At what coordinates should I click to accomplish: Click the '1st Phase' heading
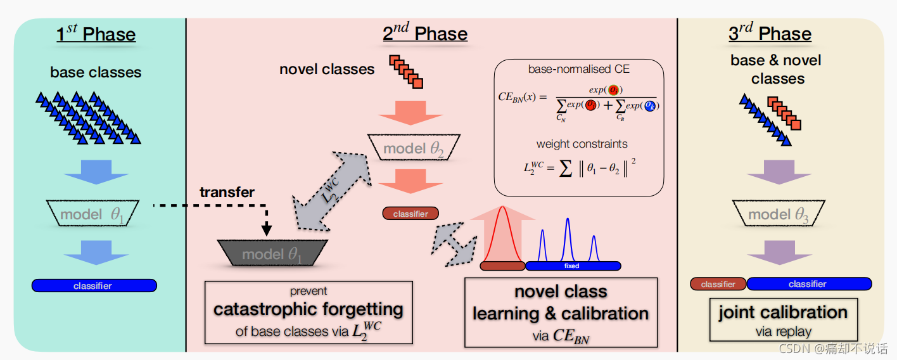click(96, 34)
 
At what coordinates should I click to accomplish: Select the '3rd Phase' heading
click(770, 34)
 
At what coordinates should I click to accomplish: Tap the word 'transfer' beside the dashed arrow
click(227, 192)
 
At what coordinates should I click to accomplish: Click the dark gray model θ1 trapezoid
click(272, 254)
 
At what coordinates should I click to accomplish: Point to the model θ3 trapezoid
click(779, 214)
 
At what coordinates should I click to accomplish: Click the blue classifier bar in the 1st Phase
click(94, 286)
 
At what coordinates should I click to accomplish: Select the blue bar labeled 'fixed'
click(573, 266)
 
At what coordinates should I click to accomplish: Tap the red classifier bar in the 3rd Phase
click(718, 284)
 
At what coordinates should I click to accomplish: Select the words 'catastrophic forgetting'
click(309, 310)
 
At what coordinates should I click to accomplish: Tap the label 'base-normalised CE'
click(579, 69)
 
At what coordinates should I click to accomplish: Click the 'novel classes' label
click(327, 69)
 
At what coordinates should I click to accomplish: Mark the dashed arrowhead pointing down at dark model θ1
click(267, 229)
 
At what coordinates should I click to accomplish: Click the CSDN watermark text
click(832, 349)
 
